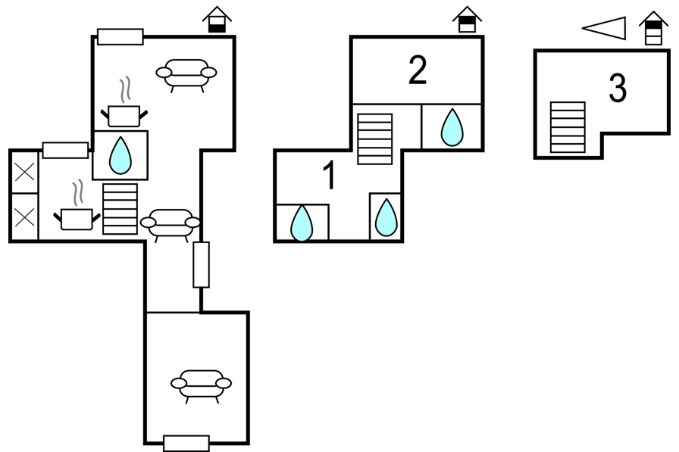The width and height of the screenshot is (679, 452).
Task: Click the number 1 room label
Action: point(328,176)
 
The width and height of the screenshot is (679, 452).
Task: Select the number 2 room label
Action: point(417,70)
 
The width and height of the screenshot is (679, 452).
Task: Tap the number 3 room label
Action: point(618,89)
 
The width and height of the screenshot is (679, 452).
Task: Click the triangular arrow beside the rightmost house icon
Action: point(605,29)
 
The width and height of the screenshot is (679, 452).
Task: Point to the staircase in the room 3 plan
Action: point(568,127)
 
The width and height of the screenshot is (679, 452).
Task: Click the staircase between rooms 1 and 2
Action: point(374,139)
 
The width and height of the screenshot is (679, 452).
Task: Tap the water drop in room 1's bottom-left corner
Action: point(302,223)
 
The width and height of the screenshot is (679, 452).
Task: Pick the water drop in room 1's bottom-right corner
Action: point(386,217)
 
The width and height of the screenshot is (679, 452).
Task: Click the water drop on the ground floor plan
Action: point(120,155)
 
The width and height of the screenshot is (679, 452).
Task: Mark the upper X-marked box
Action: point(24,171)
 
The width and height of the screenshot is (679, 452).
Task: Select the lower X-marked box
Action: point(24,217)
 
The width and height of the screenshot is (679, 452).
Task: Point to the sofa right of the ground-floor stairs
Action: point(171,224)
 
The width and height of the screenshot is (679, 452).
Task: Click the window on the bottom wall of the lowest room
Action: point(186,443)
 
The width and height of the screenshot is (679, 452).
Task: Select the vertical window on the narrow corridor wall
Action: point(201,264)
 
